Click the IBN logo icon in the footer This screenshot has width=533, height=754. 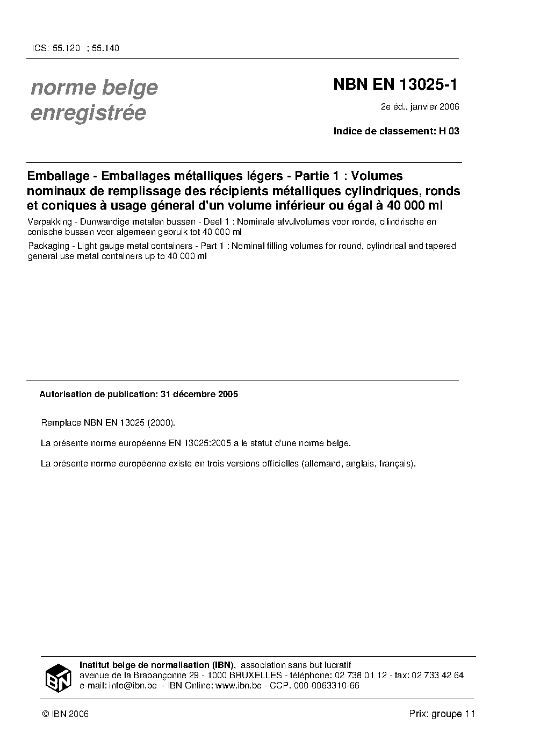pos(57,677)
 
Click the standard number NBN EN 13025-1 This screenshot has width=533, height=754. pos(396,84)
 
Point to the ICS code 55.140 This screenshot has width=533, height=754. pos(105,48)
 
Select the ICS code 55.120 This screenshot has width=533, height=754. pos(67,48)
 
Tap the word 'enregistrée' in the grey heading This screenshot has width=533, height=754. pos(88,113)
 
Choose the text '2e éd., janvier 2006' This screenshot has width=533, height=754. pos(420,107)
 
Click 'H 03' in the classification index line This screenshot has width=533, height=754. pos(449,131)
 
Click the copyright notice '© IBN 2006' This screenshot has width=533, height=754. pos(65,714)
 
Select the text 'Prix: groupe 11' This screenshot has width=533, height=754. pos(442,714)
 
